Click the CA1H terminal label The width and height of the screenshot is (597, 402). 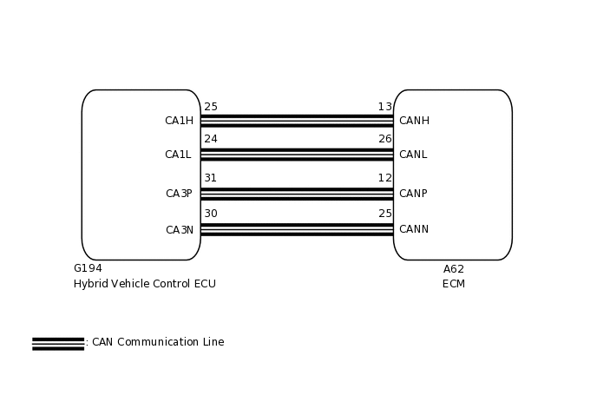179,121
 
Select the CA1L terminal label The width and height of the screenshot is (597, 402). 178,155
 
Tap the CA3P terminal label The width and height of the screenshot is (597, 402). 179,194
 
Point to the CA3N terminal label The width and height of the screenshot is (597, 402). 180,230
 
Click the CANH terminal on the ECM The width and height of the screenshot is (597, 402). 414,121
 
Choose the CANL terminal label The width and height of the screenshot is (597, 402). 413,155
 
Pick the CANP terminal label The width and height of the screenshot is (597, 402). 413,194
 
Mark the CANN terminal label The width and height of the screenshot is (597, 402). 414,229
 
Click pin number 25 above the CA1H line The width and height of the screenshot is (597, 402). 211,107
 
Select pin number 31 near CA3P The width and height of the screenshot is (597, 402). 211,178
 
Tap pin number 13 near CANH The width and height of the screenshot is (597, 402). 384,107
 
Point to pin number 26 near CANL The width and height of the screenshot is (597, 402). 385,139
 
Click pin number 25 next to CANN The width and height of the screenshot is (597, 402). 385,214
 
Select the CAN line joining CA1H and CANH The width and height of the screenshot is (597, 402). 297,121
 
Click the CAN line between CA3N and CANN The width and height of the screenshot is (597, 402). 297,230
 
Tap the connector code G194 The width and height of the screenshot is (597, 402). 88,268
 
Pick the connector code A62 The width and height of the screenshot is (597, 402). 454,269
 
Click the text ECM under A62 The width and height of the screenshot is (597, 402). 454,284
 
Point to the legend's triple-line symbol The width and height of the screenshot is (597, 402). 58,343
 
